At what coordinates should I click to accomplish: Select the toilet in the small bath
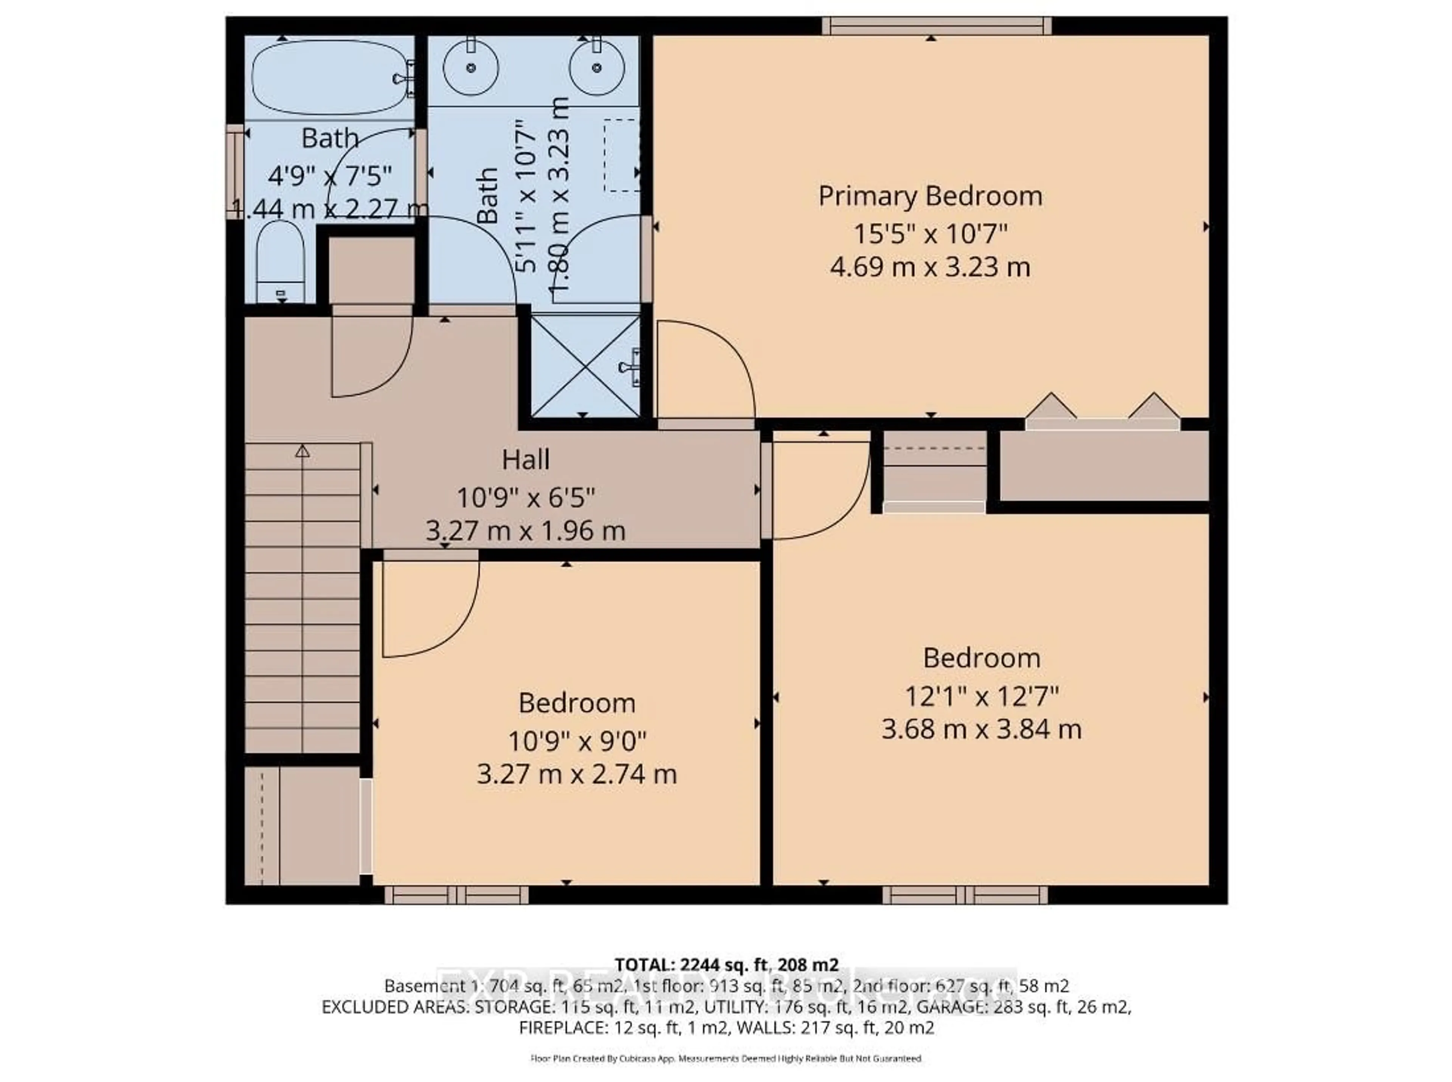click(x=280, y=262)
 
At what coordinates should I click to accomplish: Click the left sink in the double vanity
click(x=470, y=67)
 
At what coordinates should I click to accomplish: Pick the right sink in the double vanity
click(x=596, y=67)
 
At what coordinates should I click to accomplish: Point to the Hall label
click(x=525, y=460)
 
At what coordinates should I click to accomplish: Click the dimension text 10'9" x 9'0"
click(x=576, y=741)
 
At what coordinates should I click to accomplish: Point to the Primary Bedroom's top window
click(x=937, y=26)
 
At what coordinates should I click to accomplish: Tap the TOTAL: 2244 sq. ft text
click(x=726, y=965)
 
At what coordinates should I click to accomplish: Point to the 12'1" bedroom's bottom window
click(x=964, y=895)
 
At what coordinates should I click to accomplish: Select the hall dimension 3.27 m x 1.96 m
click(x=525, y=530)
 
